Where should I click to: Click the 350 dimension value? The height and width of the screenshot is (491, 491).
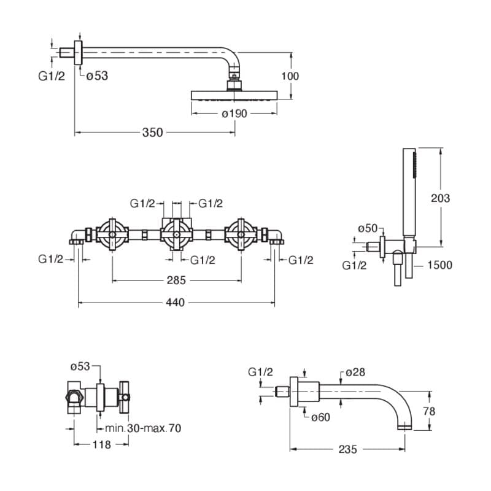[x=152, y=133]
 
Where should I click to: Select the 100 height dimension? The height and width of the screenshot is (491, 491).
[x=290, y=76]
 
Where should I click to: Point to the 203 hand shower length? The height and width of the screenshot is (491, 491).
[x=441, y=198]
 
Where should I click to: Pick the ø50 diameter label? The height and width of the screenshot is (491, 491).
[x=368, y=228]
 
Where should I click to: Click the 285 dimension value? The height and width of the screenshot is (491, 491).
[x=176, y=281]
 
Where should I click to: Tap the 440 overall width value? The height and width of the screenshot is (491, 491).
[x=176, y=302]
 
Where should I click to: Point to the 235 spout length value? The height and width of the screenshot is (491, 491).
[x=347, y=449]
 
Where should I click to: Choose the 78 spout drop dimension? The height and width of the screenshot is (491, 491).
[x=429, y=411]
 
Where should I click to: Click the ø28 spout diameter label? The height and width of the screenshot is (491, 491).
[x=355, y=373]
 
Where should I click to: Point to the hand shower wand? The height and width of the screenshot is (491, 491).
[x=409, y=190]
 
